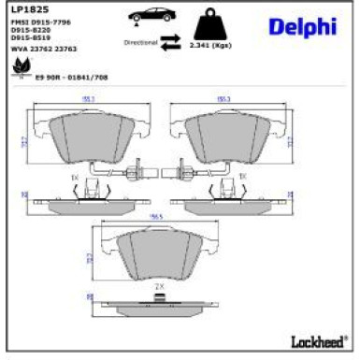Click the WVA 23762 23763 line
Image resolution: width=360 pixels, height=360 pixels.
tap(43, 47)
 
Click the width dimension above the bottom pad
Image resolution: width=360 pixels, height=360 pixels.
tap(159, 216)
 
